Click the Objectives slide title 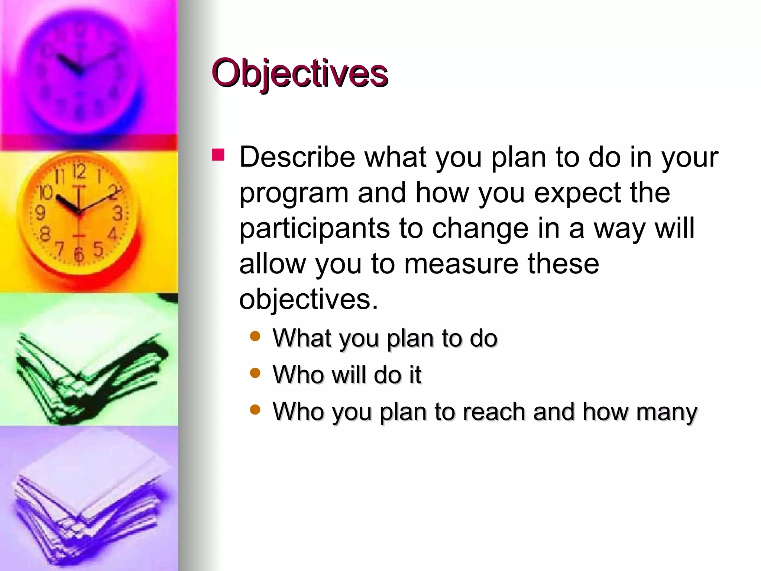point(299,73)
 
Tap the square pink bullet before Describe point(218,155)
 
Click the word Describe point(297,157)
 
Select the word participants point(314,229)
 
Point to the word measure point(461,264)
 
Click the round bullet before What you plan point(255,336)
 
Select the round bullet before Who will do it point(255,373)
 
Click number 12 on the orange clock point(79,172)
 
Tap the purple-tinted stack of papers point(89,502)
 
